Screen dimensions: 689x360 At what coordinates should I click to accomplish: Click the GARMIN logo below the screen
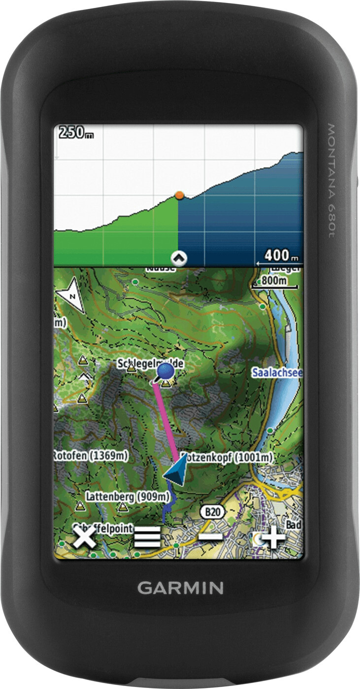[180, 587]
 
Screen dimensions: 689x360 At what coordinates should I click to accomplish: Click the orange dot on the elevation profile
[179, 195]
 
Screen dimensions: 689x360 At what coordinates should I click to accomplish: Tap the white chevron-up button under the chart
[178, 258]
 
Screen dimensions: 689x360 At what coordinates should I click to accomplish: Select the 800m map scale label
[274, 280]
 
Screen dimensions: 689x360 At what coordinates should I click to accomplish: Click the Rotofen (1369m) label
[90, 456]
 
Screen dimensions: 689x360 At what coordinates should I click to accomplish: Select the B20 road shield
[212, 512]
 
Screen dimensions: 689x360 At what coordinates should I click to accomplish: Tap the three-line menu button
[147, 537]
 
